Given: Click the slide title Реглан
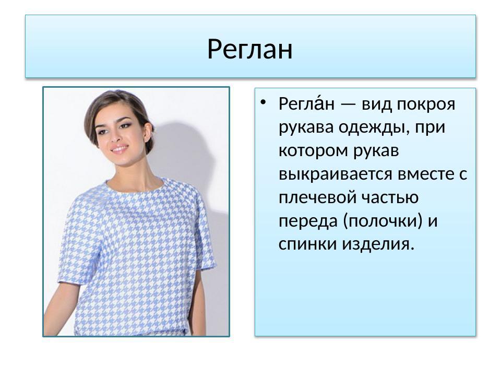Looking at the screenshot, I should tap(250, 50).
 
